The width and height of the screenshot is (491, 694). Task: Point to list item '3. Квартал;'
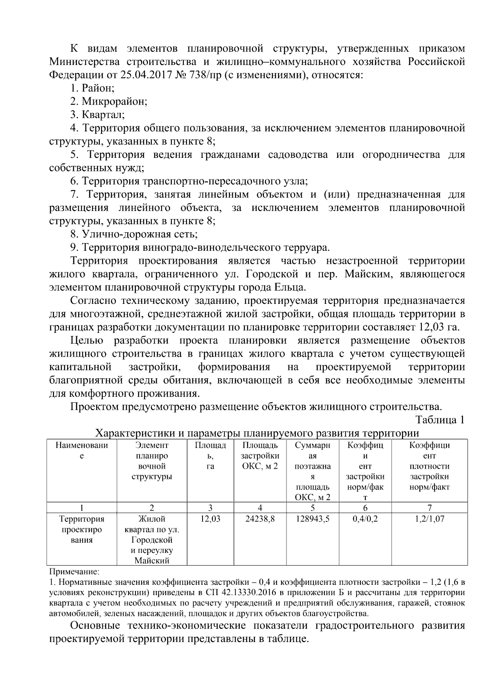pyautogui.click(x=97, y=115)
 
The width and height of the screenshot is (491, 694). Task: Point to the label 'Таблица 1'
pyautogui.click(x=440, y=420)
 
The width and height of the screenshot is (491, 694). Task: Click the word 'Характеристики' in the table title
pyautogui.click(x=135, y=433)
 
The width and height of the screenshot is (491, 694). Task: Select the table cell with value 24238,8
pyautogui.click(x=260, y=519)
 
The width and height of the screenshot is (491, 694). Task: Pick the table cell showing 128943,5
pyautogui.click(x=313, y=519)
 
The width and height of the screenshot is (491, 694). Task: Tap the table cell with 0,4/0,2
pyautogui.click(x=365, y=519)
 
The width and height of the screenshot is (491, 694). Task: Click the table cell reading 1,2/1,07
pyautogui.click(x=429, y=519)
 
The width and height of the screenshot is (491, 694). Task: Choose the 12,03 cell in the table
pyautogui.click(x=210, y=519)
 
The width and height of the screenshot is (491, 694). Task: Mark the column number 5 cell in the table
pyautogui.click(x=313, y=508)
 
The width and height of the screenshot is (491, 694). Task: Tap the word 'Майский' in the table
pyautogui.click(x=152, y=561)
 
